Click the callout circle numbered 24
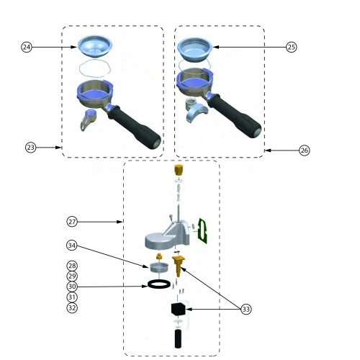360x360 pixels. click(x=27, y=47)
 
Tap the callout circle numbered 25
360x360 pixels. click(x=292, y=47)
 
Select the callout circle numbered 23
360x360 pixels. click(x=30, y=147)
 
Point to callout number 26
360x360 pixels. click(x=305, y=150)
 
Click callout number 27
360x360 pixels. click(x=72, y=222)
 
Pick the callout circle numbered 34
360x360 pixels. click(x=72, y=246)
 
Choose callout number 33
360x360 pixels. click(x=246, y=309)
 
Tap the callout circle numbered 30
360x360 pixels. click(x=72, y=287)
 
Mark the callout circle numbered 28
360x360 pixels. click(x=72, y=266)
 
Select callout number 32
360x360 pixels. click(x=72, y=307)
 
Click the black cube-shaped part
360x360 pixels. click(x=179, y=309)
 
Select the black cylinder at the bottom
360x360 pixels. click(x=179, y=339)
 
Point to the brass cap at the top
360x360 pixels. click(x=178, y=170)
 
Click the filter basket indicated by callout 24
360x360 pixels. click(x=95, y=47)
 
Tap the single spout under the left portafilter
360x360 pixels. click(x=88, y=120)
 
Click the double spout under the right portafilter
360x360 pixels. click(x=196, y=111)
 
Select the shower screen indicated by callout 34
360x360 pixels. click(x=158, y=268)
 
